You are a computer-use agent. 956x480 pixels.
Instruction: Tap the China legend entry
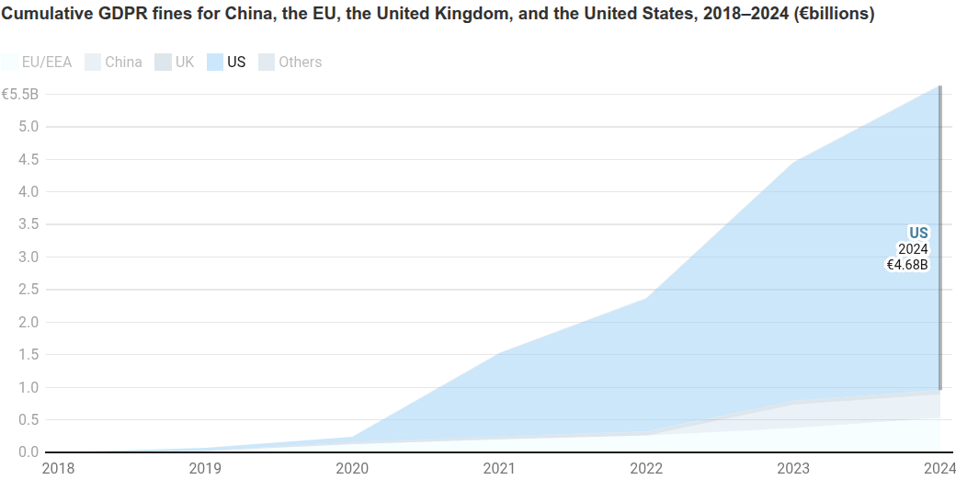113,63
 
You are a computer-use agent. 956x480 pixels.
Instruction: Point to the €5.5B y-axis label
19,94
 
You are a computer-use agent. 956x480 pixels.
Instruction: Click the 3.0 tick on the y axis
28,257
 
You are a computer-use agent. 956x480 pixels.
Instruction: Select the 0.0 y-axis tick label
28,451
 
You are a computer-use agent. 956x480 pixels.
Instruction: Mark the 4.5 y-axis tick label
28,159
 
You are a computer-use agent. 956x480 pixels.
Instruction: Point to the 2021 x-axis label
498,468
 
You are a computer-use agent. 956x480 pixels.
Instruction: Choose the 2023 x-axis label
792,468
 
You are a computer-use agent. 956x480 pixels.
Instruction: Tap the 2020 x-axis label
351,468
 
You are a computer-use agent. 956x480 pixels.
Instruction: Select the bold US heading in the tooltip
918,233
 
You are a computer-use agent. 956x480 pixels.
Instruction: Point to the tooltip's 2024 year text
913,249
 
